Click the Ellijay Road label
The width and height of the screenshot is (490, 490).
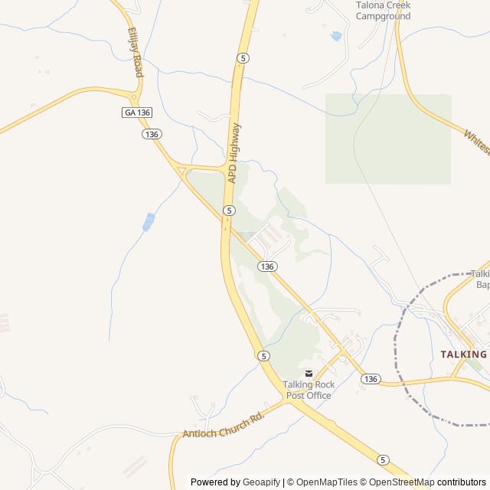pyautogui.click(x=135, y=53)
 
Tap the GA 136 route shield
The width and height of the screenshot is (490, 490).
pyautogui.click(x=137, y=113)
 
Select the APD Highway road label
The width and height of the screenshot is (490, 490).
pyautogui.click(x=234, y=153)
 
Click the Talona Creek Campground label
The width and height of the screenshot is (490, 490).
pyautogui.click(x=383, y=10)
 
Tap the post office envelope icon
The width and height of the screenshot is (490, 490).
pyautogui.click(x=309, y=373)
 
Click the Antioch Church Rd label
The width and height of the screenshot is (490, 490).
pyautogui.click(x=223, y=428)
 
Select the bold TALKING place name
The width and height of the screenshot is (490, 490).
pyautogui.click(x=464, y=354)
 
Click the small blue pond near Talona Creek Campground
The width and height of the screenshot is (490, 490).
pyautogui.click(x=335, y=36)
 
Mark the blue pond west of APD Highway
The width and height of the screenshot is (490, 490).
pyautogui.click(x=148, y=222)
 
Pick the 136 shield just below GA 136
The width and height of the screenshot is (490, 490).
pyautogui.click(x=151, y=134)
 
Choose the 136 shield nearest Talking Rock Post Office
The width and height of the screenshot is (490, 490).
pyautogui.click(x=371, y=379)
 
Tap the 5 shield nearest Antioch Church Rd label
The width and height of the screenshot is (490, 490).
pyautogui.click(x=263, y=356)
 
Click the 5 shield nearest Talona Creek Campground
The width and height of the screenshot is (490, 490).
pyautogui.click(x=242, y=58)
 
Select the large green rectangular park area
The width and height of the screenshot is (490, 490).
pyautogui.click(x=388, y=139)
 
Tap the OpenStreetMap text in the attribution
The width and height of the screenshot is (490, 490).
pyautogui.click(x=399, y=482)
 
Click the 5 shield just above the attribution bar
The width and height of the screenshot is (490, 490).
pyautogui.click(x=382, y=459)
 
